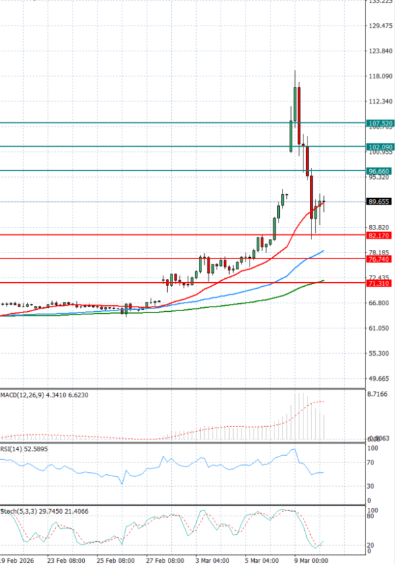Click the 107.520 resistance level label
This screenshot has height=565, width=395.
(381, 123)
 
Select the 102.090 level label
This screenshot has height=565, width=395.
(381, 147)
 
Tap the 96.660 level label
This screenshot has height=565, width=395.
(381, 171)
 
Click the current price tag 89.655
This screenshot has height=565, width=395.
(381, 202)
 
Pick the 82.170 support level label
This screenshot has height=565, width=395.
(381, 235)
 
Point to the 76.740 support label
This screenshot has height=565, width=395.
(381, 259)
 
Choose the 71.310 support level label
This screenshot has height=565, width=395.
(381, 283)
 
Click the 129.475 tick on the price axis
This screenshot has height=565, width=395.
(381, 26)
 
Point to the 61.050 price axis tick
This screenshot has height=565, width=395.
(381, 328)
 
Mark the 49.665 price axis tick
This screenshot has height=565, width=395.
(381, 379)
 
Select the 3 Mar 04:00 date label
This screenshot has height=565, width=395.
(212, 560)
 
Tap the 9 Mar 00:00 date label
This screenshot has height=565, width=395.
(311, 560)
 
